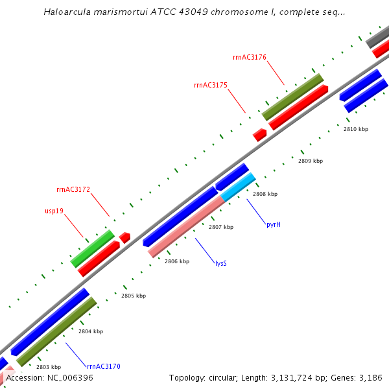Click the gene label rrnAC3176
pos(250,57)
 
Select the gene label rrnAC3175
pos(210,85)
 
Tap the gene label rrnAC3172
pos(73,190)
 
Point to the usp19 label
pos(54,211)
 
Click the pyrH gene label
pos(273,224)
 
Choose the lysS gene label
pos(221,263)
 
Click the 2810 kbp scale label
pos(355,129)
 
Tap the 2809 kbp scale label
pos(310,161)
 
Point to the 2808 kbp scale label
pos(265,194)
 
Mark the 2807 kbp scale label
pos(220,227)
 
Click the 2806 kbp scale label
pos(176,261)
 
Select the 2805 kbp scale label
pos(133,296)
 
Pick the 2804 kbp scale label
pos(90,331)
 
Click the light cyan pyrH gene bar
pos(238,187)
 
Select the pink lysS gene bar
pos(186,227)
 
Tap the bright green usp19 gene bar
pos(92,248)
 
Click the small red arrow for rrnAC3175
pos(259,134)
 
